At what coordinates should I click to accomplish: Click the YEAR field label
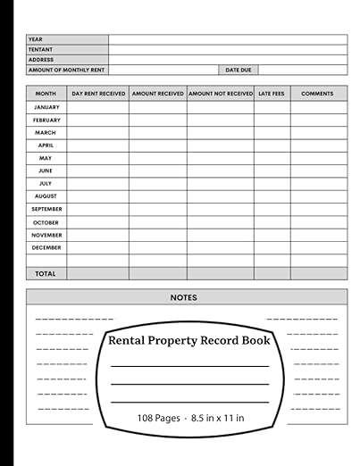(36, 39)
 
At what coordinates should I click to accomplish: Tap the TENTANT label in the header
(41, 50)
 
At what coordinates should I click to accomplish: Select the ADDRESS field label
(41, 60)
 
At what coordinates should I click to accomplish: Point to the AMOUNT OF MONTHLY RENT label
(66, 70)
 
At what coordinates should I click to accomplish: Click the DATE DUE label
(238, 70)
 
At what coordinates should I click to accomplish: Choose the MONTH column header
(46, 94)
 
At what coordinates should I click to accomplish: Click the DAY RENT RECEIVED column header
(98, 94)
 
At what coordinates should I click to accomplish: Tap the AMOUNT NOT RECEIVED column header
(221, 94)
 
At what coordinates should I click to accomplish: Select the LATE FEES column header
(272, 94)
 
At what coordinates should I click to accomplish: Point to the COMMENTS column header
(318, 94)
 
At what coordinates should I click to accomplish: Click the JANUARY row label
(46, 107)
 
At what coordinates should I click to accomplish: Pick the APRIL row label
(46, 146)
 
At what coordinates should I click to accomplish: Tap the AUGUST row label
(46, 196)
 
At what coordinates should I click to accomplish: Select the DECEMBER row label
(46, 247)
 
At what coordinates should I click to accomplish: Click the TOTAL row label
(46, 274)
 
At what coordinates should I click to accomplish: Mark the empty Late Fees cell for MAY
(272, 158)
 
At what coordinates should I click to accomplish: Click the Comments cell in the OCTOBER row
(318, 222)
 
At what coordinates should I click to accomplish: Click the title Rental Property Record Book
(188, 340)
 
